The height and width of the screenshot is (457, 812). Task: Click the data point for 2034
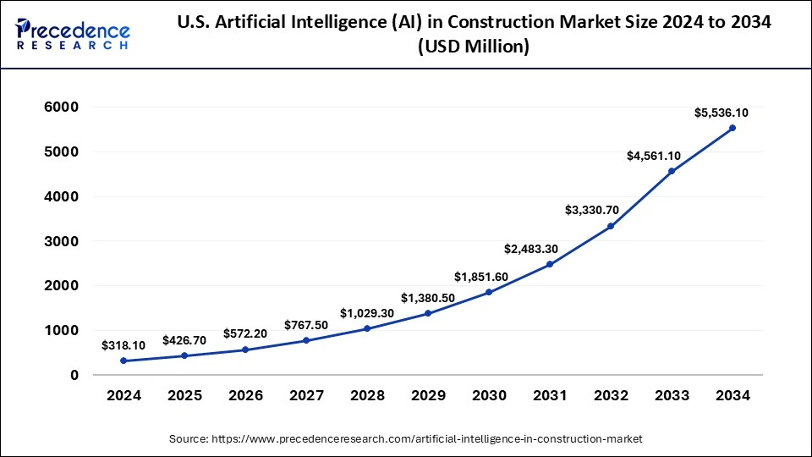click(x=732, y=128)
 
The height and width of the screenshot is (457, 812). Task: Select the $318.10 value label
click(x=123, y=345)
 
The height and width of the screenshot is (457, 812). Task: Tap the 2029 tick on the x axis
click(x=428, y=395)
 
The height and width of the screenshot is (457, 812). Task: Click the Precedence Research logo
click(x=73, y=35)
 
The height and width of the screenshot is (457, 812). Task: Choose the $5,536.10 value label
click(x=721, y=113)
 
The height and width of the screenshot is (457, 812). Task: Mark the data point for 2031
click(x=550, y=264)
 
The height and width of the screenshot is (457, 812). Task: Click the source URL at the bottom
click(x=406, y=439)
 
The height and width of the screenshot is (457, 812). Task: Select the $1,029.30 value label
click(x=367, y=313)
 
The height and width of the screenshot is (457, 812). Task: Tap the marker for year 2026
click(x=245, y=350)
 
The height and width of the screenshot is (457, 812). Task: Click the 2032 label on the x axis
click(x=611, y=395)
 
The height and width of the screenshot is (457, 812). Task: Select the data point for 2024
click(x=123, y=361)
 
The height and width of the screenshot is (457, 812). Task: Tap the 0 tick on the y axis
click(x=74, y=375)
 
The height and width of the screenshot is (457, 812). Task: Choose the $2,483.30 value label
click(x=532, y=249)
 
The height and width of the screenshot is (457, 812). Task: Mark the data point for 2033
click(x=672, y=171)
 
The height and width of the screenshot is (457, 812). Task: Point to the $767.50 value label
click(x=306, y=325)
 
